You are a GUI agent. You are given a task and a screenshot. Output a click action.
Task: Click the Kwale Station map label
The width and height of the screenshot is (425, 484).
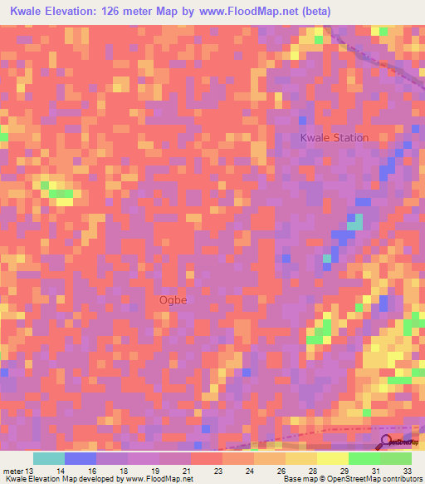pos(335,137)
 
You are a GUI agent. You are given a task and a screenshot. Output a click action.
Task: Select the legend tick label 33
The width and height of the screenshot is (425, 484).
pos(407,471)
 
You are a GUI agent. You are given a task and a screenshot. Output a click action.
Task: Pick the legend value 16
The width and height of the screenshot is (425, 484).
pos(101,471)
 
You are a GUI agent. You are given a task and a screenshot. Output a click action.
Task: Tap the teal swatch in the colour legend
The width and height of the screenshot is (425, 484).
pos(49,458)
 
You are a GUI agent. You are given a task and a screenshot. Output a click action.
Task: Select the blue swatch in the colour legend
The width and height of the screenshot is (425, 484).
pos(81,458)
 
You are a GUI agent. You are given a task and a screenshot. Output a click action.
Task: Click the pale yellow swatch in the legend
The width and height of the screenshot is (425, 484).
pos(333,458)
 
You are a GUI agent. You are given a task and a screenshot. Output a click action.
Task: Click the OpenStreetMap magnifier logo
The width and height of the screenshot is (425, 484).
pos(387,441)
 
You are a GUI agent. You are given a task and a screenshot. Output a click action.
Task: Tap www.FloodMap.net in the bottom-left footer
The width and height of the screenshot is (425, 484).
pos(159,479)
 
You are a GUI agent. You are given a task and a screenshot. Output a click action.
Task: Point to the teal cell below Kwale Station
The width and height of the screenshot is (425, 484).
pos(355,222)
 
